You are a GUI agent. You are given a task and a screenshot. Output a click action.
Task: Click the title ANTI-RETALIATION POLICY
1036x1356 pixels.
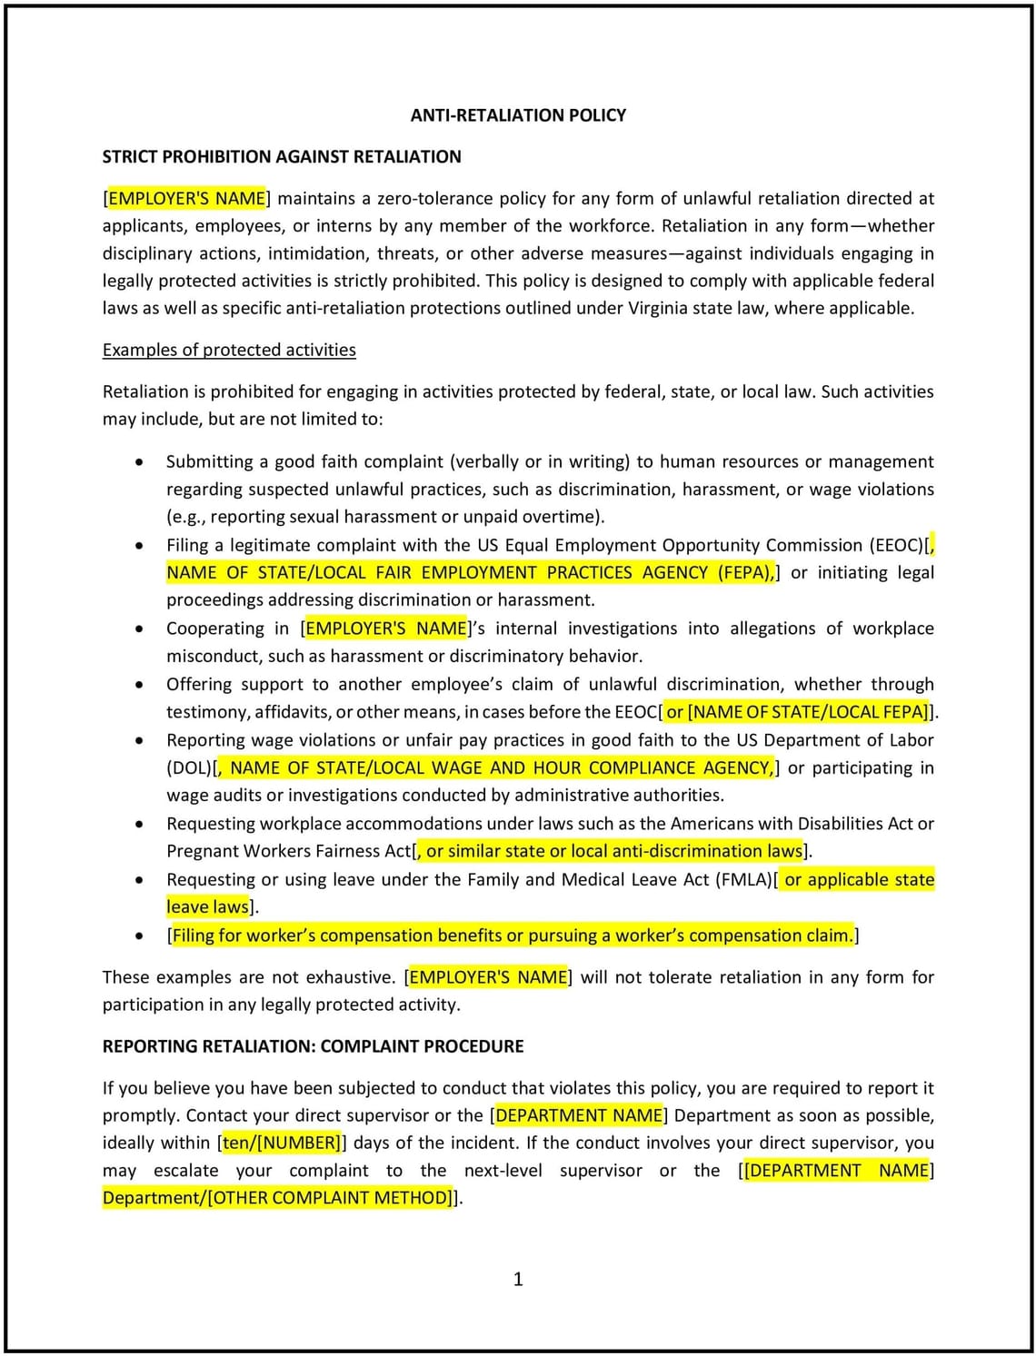click(518, 115)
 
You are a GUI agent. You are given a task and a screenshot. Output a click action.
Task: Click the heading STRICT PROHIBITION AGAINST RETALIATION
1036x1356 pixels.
click(282, 156)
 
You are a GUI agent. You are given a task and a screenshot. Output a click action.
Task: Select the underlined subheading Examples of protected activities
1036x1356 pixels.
click(229, 350)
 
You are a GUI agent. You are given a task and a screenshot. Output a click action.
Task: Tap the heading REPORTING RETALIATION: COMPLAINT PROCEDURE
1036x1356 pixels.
click(313, 1046)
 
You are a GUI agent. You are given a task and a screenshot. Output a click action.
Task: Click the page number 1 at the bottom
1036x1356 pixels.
click(518, 1279)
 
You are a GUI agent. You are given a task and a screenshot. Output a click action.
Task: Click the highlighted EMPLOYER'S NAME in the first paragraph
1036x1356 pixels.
click(186, 198)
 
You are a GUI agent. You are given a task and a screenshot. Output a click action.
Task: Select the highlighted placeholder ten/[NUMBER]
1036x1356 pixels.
click(281, 1143)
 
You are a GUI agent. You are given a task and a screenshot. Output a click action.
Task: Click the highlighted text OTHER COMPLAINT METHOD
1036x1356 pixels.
click(330, 1197)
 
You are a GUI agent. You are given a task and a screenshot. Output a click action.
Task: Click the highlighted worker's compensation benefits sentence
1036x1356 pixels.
click(513, 935)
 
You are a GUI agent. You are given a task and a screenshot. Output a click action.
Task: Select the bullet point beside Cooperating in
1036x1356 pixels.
click(138, 629)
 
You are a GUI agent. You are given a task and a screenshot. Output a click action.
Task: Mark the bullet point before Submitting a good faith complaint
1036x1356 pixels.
click(138, 461)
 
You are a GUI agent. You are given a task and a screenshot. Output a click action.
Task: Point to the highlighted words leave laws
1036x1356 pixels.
click(207, 906)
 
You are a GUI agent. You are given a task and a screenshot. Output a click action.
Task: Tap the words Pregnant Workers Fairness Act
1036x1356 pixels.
click(288, 851)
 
